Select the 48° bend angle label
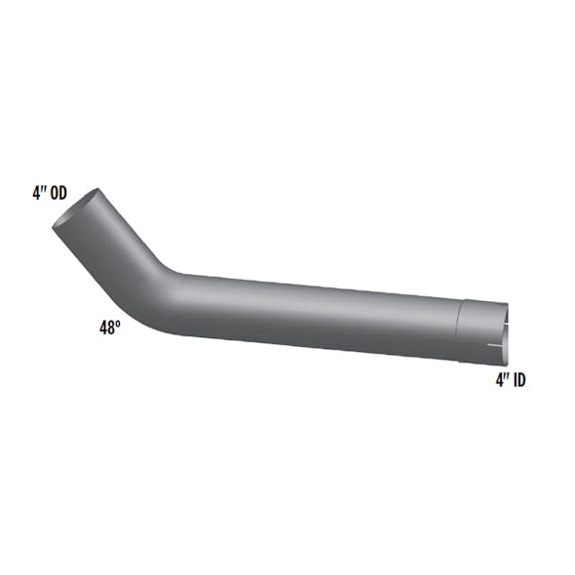click(x=108, y=328)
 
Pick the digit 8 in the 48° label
click(x=110, y=329)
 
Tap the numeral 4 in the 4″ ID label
click(x=499, y=380)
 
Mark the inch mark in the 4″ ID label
click(x=506, y=377)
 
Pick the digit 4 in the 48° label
click(x=102, y=329)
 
